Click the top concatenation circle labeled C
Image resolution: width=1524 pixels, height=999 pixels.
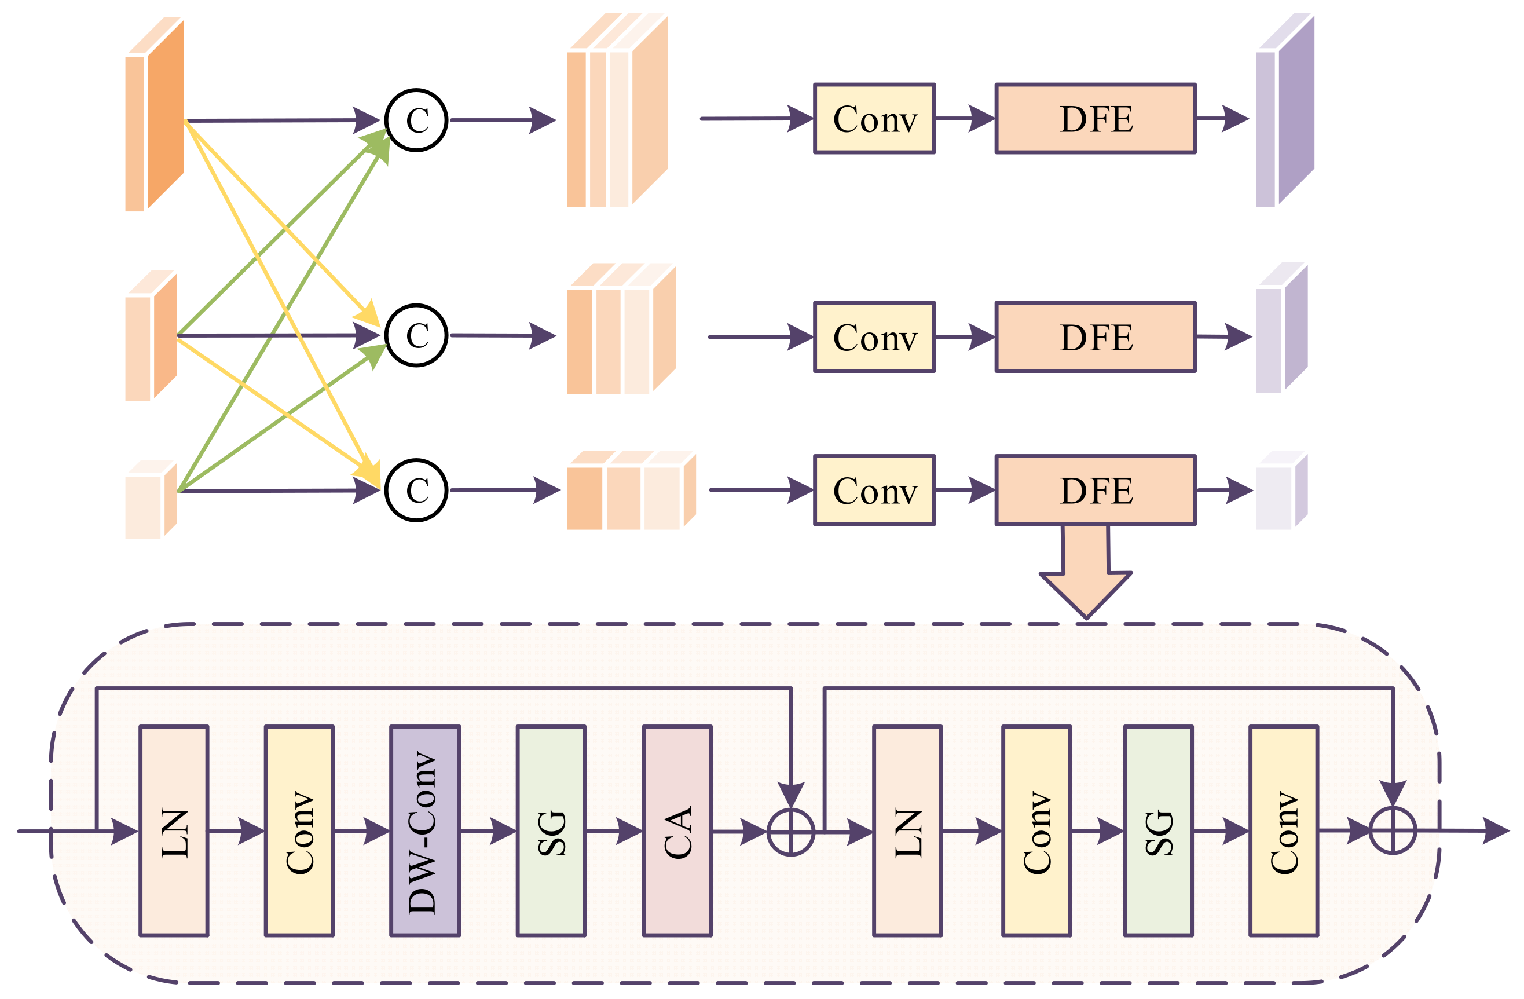click(x=416, y=120)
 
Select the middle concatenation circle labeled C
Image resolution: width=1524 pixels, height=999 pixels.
click(x=416, y=335)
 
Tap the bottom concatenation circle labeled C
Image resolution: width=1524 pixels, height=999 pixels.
click(x=416, y=490)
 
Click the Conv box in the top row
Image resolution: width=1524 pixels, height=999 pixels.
click(x=874, y=119)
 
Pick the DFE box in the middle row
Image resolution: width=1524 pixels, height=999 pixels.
click(x=1095, y=337)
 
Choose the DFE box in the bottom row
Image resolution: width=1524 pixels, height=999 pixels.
click(x=1095, y=490)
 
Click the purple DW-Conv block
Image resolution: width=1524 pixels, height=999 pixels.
click(x=424, y=830)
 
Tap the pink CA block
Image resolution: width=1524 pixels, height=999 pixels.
click(x=677, y=830)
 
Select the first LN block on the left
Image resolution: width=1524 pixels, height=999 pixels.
click(x=174, y=830)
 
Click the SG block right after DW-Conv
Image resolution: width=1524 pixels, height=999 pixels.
click(x=551, y=830)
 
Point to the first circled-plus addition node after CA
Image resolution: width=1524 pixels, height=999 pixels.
click(x=791, y=832)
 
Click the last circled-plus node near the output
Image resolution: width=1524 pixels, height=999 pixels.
click(x=1393, y=830)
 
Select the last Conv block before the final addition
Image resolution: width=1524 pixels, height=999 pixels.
click(x=1283, y=830)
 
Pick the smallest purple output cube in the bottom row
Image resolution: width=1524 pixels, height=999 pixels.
click(x=1280, y=493)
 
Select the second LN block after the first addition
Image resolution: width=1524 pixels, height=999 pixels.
click(x=907, y=830)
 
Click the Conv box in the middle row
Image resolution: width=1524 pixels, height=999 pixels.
click(x=874, y=337)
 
